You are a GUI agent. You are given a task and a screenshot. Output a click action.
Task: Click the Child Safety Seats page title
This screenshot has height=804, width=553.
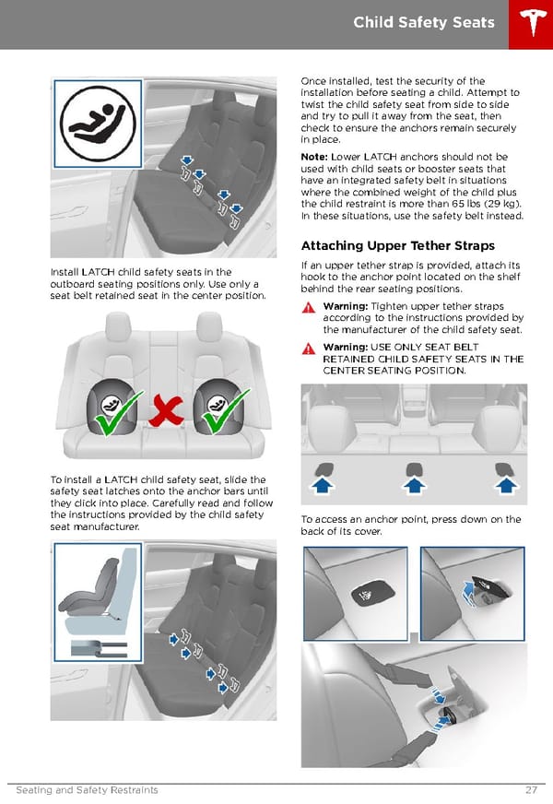pos(423,22)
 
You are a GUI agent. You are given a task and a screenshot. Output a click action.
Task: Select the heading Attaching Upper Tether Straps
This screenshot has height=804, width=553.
pos(397,245)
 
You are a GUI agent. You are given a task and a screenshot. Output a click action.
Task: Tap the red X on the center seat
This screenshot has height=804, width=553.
pos(166,413)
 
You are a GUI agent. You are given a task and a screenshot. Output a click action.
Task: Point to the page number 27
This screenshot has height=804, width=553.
pos(531,790)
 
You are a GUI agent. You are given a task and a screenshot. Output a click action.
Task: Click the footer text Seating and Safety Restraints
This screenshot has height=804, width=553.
pos(87,790)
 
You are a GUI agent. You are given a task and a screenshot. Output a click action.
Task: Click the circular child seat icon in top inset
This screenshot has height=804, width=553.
pos(100,124)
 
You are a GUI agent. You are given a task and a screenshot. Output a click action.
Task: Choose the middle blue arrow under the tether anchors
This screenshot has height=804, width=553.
pos(414,485)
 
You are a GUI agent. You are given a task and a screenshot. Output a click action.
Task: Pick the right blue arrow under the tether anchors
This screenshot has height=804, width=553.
pos(503,485)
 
